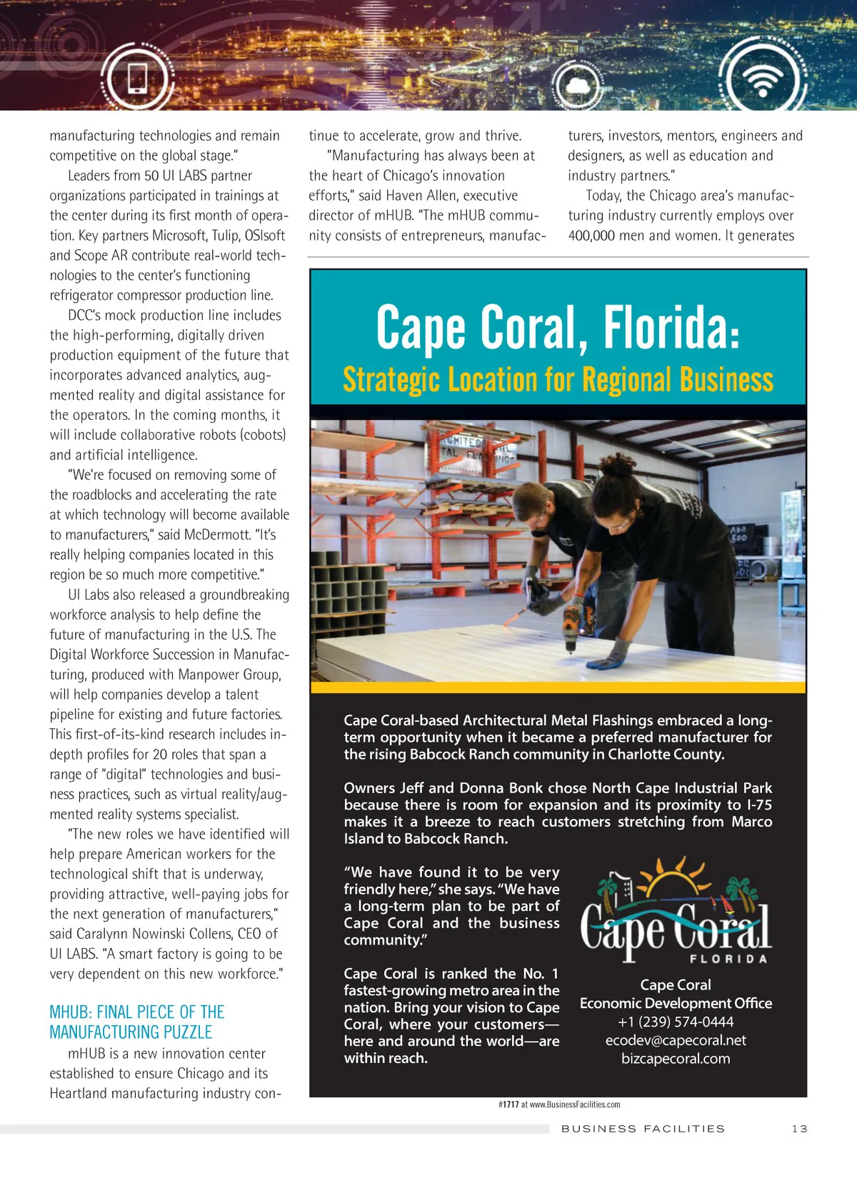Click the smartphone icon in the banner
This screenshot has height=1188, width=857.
click(x=137, y=78)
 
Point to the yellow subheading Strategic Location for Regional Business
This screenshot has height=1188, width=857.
click(x=558, y=380)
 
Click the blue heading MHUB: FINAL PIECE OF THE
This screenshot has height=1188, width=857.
click(x=137, y=1012)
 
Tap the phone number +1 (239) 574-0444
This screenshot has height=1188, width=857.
click(x=676, y=1022)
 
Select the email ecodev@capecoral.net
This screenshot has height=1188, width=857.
click(x=676, y=1040)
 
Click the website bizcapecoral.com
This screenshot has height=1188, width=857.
click(x=676, y=1059)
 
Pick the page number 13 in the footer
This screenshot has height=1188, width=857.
click(x=799, y=1129)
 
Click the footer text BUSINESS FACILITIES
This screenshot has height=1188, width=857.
click(x=643, y=1129)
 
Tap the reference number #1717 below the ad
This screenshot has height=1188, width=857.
click(x=508, y=1104)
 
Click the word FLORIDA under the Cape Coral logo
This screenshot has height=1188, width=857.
click(x=728, y=959)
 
